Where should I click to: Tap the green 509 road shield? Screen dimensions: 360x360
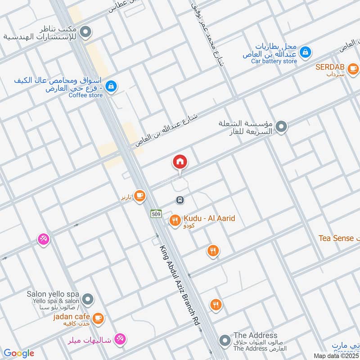[x=156, y=214]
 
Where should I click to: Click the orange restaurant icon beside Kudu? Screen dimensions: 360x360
[x=175, y=220]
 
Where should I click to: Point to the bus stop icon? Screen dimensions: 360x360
[x=180, y=199]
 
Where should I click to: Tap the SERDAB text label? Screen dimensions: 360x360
[x=330, y=67]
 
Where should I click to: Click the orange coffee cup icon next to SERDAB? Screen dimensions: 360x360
[x=353, y=68]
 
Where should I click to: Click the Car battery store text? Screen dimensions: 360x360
[x=274, y=61]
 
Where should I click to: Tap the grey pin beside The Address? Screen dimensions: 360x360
[x=224, y=341]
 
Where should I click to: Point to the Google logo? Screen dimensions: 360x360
[x=19, y=353]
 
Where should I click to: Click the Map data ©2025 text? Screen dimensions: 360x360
[x=336, y=355]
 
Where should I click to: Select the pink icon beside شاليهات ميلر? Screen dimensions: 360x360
[x=120, y=339]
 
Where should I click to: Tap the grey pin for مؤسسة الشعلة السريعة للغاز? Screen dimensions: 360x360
[x=282, y=127]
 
